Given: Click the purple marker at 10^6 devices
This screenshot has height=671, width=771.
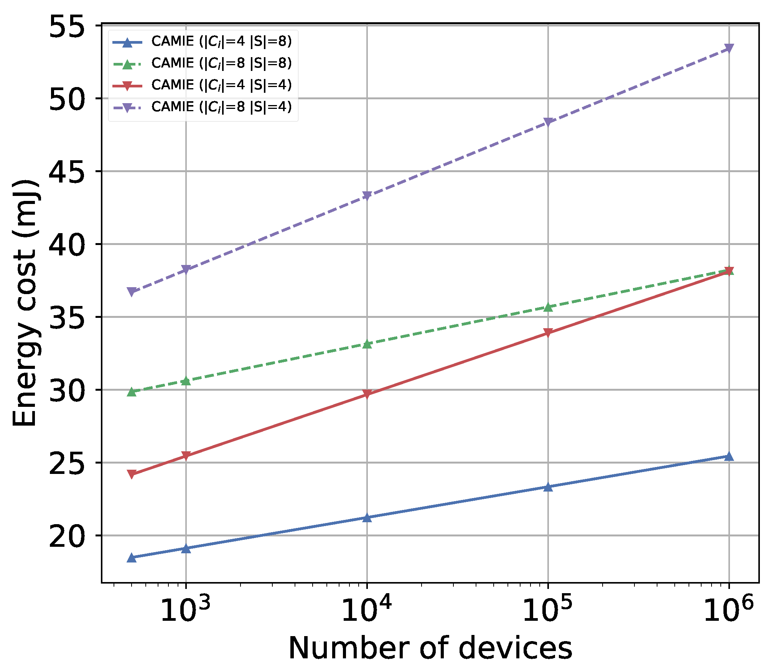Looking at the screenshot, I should click(x=729, y=48).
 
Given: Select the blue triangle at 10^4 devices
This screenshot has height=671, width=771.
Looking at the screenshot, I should click(x=367, y=518).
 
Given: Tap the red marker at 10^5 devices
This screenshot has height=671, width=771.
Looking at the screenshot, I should click(x=548, y=332).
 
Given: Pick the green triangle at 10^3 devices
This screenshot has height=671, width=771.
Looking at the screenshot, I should click(x=186, y=381).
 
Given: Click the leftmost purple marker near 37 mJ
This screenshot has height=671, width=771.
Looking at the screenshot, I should click(x=132, y=292).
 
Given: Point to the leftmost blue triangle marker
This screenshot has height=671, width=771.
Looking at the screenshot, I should click(x=132, y=558).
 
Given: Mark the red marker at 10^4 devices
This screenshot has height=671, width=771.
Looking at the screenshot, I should click(x=367, y=394).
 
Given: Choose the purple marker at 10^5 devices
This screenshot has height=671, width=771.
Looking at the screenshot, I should click(x=548, y=122).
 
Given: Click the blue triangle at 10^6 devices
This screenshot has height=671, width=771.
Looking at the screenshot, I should click(x=729, y=456).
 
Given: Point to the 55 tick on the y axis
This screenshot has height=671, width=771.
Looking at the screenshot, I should click(x=67, y=26).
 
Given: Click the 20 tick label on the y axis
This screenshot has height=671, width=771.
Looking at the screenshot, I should click(x=67, y=536).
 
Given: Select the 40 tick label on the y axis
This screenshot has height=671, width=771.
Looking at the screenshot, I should click(x=67, y=245).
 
